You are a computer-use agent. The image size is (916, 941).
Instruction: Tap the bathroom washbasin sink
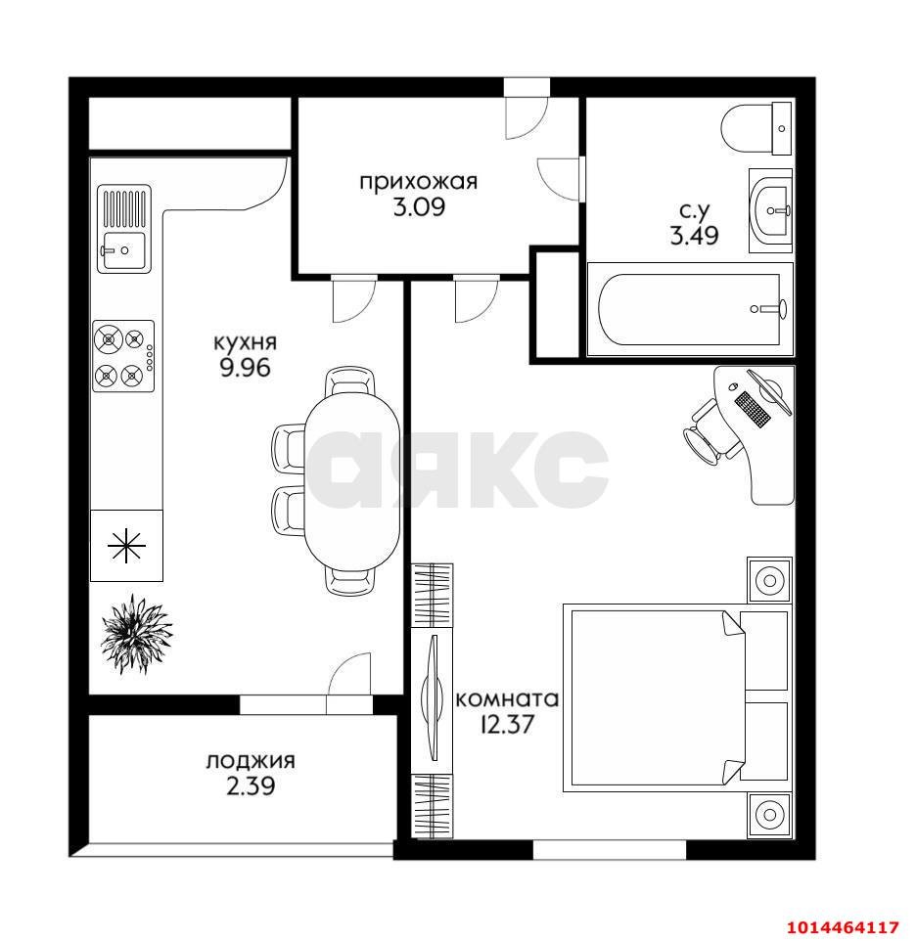[771, 210]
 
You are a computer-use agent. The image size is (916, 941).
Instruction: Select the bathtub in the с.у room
[690, 309]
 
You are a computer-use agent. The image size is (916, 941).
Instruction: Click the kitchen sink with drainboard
[124, 229]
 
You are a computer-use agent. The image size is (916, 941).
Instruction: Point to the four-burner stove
[123, 356]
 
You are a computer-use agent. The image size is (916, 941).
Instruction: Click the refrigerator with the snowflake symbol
[126, 546]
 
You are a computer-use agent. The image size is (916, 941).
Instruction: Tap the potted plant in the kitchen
[136, 634]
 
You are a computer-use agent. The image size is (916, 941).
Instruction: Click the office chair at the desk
[710, 433]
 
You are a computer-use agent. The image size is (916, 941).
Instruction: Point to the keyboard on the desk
[753, 409]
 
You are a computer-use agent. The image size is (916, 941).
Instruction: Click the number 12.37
[507, 725]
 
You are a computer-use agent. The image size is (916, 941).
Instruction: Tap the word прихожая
[419, 182]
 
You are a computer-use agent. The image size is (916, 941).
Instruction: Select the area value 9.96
[245, 367]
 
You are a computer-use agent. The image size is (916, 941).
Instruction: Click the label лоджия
[251, 761]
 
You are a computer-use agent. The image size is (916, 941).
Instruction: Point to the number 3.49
[695, 235]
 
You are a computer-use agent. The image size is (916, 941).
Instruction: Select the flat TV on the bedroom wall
[432, 698]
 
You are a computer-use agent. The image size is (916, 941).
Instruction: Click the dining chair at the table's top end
[350, 381]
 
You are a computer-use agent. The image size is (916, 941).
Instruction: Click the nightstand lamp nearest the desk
[769, 580]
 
